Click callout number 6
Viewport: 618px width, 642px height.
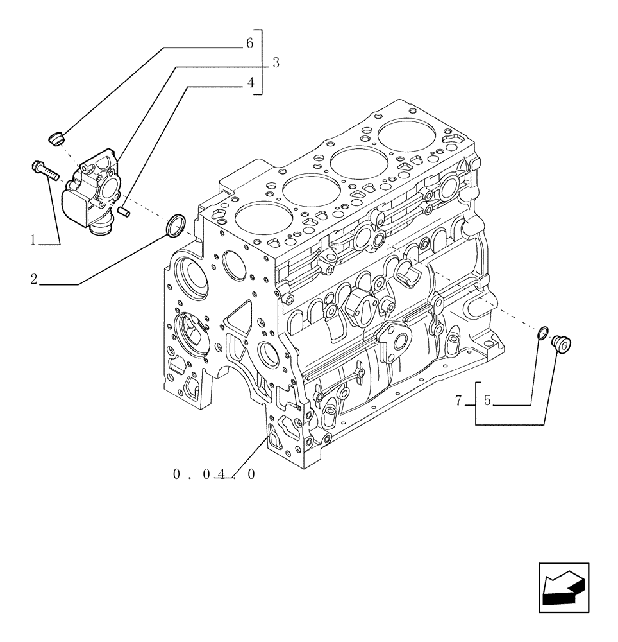pyautogui.click(x=250, y=43)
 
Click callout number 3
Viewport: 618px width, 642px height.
pyautogui.click(x=275, y=63)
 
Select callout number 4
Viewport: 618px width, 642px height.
pyautogui.click(x=251, y=83)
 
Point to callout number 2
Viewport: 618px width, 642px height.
pyautogui.click(x=33, y=279)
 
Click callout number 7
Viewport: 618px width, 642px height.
pyautogui.click(x=458, y=401)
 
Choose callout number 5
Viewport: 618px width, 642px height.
pyautogui.click(x=487, y=401)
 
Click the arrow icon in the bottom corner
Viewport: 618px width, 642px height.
pyautogui.click(x=563, y=586)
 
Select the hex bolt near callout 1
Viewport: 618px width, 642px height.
pyautogui.click(x=44, y=169)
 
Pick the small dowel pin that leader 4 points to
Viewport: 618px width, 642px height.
pyautogui.click(x=124, y=209)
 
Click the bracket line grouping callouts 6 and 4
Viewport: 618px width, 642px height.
pyautogui.click(x=262, y=62)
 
